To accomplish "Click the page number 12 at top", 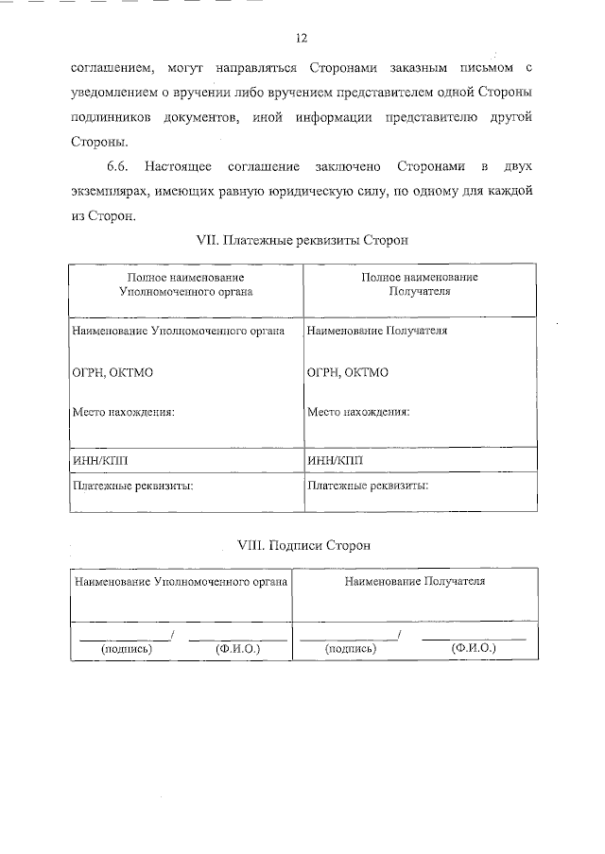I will click(302, 38).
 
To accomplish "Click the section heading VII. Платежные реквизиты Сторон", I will click(302, 241).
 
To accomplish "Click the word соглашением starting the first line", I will click(103, 68).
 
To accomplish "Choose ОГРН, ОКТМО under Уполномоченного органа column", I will click(112, 372).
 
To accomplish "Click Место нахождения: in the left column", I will click(124, 412).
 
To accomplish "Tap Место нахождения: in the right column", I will click(358, 412).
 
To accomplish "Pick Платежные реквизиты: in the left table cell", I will click(133, 486).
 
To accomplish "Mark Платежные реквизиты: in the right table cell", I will click(368, 486).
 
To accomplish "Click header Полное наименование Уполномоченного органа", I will click(185, 284).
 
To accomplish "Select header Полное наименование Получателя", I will click(420, 284).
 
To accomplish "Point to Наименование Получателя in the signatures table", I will click(415, 581).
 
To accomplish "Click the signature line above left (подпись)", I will click(124, 640).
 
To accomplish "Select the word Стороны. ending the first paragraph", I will click(98, 142).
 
